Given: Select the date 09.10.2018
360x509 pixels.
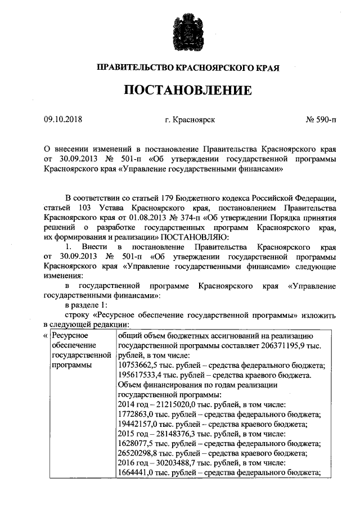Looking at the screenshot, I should (63, 119).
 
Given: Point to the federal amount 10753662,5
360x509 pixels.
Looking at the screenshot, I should (139, 365).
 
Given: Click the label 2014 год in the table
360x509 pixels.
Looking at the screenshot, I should (133, 404).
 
